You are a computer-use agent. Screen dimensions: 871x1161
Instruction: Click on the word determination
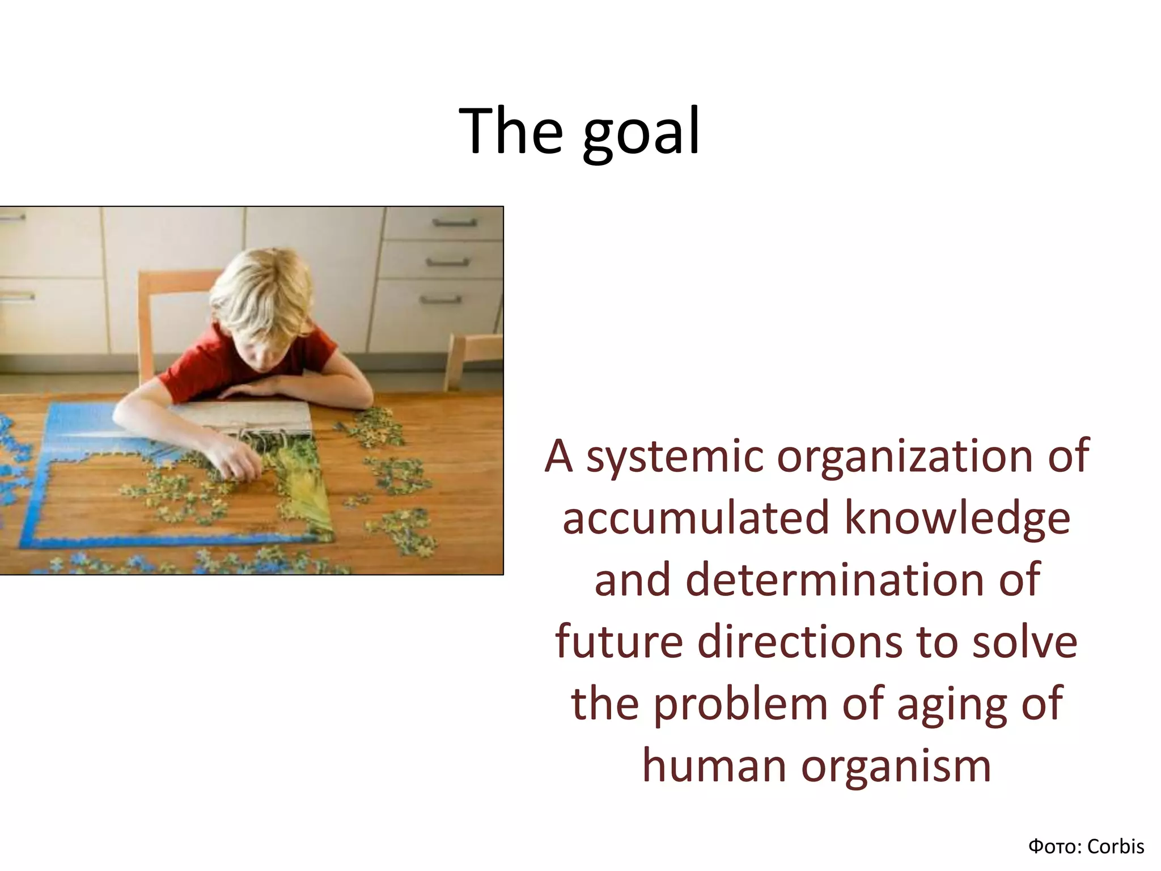[x=834, y=580]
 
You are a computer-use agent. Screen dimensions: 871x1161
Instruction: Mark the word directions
[x=799, y=642]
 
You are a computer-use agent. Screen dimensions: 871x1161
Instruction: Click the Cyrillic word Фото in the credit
[x=1049, y=847]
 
